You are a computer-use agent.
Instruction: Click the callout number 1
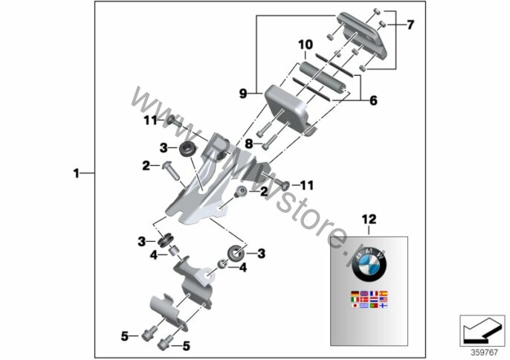[x=76, y=174]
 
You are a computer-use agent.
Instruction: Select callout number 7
[x=410, y=25]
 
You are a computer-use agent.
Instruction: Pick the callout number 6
[x=372, y=98]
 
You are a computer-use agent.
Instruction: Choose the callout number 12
[x=369, y=219]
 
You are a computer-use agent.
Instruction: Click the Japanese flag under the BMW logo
[x=354, y=305]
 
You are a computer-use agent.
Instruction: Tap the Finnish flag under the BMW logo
[x=383, y=305]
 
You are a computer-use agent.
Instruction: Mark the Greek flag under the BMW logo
[x=364, y=305]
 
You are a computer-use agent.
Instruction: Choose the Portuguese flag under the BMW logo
[x=373, y=305]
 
